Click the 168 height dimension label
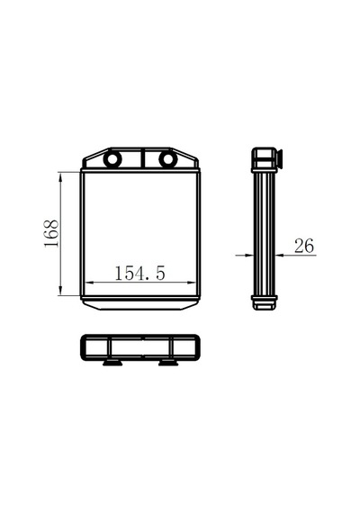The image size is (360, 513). click(x=52, y=234)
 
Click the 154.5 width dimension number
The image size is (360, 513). click(x=139, y=273)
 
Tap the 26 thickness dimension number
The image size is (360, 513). click(x=304, y=246)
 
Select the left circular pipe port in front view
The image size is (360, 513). click(x=112, y=159)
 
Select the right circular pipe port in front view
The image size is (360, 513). click(x=168, y=159)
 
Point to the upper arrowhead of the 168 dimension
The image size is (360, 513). click(x=60, y=177)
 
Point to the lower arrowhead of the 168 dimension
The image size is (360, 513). click(x=60, y=290)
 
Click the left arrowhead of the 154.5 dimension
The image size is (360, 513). click(x=90, y=283)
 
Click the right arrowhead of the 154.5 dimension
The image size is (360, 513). click(x=191, y=283)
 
